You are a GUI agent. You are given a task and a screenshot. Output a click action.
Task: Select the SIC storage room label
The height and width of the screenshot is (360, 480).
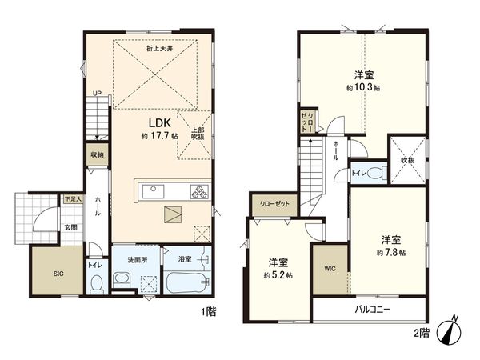click(58, 274)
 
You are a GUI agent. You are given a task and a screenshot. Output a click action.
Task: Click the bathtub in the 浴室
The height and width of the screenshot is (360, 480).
click(186, 283)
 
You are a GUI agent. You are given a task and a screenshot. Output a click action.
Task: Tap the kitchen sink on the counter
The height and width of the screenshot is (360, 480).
click(153, 190)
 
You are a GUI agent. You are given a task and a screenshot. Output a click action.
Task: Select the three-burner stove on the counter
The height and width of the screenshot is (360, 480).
click(198, 190)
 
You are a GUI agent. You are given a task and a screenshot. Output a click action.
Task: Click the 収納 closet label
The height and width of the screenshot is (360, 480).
click(97, 155)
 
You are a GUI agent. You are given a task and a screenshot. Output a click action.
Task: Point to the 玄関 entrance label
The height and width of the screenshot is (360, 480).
click(71, 227)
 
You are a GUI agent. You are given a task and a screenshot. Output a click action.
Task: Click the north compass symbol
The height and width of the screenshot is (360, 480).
click(452, 331)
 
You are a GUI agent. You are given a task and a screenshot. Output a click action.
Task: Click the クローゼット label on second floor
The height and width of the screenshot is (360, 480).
click(274, 204)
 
